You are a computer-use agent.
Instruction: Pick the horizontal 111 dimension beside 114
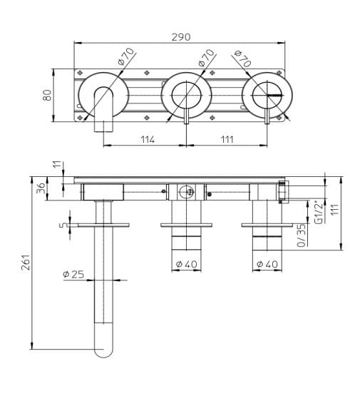(x=227, y=140)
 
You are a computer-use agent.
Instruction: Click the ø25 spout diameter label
(x=74, y=274)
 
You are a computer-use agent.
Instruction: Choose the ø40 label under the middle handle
(x=186, y=264)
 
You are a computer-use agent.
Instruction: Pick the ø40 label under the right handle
(x=267, y=264)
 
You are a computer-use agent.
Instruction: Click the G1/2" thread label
(x=318, y=212)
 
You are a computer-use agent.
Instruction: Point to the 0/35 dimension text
(x=302, y=234)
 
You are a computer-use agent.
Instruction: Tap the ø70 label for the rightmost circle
(x=243, y=60)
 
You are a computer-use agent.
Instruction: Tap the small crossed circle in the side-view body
(x=187, y=191)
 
